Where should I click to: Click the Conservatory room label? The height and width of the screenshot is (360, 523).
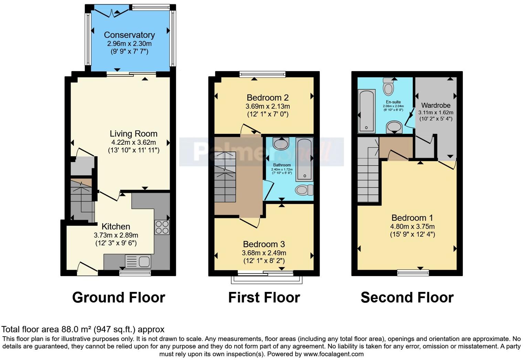coord(129,35)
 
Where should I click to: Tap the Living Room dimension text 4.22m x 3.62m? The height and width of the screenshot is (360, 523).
coord(134,142)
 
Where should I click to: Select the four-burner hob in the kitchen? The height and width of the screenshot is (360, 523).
coord(162,227)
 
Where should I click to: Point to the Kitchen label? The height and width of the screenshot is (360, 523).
coord(116,227)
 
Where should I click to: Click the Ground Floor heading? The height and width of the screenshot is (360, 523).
coord(118,297)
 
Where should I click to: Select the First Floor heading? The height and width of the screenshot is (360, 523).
coord(264,297)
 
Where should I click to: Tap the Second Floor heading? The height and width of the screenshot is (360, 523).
coord(407,297)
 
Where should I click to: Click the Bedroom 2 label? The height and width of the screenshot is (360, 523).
coord(267,98)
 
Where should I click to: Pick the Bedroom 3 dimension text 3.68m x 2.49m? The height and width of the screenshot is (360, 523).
coord(264,253)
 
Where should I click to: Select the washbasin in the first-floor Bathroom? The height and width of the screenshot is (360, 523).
coord(281,143)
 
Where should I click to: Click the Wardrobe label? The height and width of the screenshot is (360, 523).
coord(436,106)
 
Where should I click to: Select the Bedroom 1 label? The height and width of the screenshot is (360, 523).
coord(412,218)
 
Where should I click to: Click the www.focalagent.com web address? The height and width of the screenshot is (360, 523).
coord(333,354)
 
